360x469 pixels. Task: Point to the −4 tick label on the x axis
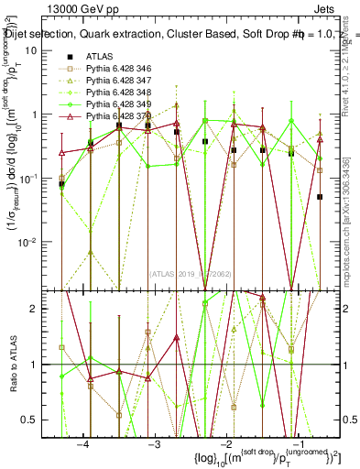(x=83, y=443)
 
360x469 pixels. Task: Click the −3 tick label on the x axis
(x=155, y=443)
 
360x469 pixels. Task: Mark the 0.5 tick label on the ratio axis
(x=36, y=420)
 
